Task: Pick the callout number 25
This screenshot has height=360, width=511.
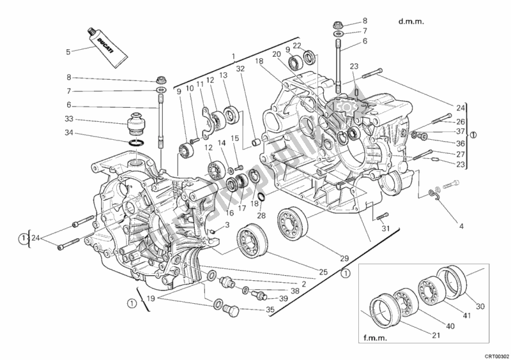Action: pyautogui.click(x=324, y=272)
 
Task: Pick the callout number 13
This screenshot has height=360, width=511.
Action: pyautogui.click(x=224, y=75)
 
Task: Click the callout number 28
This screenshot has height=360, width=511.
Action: pyautogui.click(x=261, y=215)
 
